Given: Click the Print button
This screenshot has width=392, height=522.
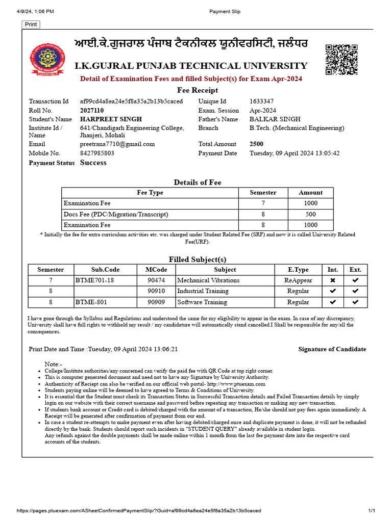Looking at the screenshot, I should pos(31,24).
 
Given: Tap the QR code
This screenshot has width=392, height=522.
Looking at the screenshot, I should pos(341,60).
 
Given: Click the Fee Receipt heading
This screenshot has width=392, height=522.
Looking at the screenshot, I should pos(198,90).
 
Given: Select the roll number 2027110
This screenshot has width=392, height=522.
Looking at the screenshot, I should pos(92,110).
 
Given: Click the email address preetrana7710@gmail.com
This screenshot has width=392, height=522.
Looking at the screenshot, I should pos(117,144).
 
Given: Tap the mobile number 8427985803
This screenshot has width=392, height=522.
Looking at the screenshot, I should pos(97,153).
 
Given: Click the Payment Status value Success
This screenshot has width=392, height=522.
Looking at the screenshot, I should pos(93,163).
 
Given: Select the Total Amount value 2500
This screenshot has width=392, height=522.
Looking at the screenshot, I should pos(257,144).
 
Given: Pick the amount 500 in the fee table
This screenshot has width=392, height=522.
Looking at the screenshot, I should pos(310,214).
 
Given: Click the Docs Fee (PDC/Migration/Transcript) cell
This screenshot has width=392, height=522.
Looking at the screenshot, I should pos(116,214).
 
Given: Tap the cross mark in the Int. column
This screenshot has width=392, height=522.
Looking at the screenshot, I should pos(333,280).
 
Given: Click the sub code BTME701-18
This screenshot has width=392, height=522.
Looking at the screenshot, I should pos(94,280).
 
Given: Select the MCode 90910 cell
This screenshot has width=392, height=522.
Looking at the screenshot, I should pos(156,291).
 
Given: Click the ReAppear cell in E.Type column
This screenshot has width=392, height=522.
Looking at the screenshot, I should pos(298,280).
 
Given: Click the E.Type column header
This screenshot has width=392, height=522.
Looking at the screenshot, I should pos(298,270).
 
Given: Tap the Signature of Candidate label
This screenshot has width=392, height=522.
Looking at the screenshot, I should pos(332,349).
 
